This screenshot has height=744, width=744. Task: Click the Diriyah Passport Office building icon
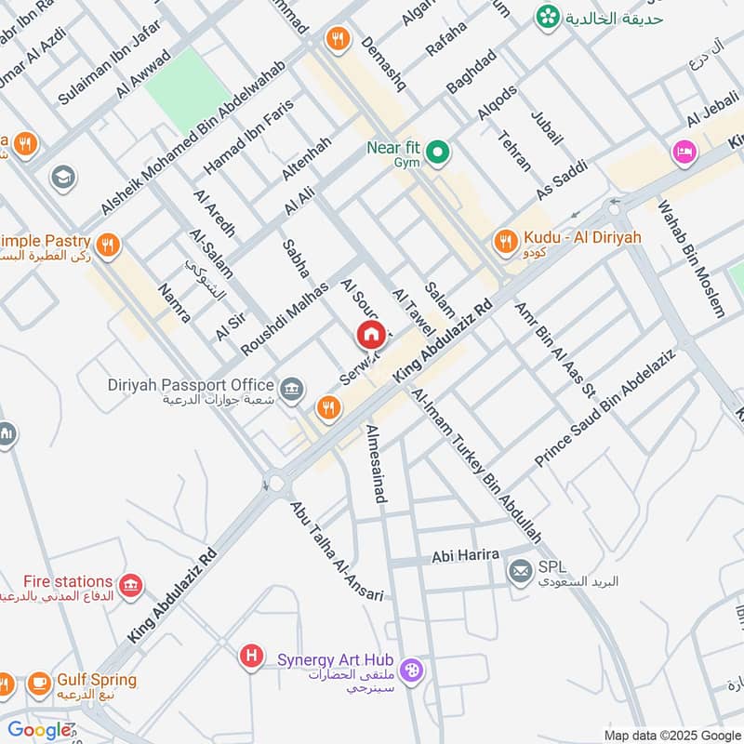coord(292,389)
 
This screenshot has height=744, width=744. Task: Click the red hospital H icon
coord(250,657)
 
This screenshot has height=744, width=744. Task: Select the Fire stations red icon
coord(133,585)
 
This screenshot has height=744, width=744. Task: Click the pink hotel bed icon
coord(684,152)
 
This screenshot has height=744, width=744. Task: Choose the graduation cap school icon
coord(63,177)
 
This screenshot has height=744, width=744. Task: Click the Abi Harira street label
coord(465,555)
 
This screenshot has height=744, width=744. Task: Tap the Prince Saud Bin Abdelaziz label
coord(617,405)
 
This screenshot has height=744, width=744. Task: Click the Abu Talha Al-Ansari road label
coord(336,551)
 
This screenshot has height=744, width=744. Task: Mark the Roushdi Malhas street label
coord(285,317)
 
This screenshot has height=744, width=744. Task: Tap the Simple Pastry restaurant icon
coord(109,246)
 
